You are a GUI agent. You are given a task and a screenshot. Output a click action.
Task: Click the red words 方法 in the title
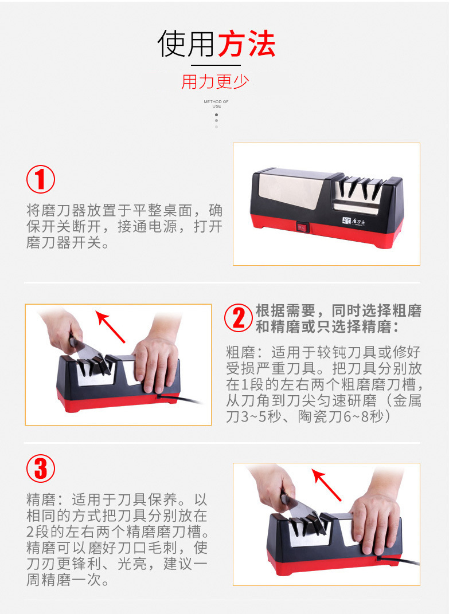point(247,44)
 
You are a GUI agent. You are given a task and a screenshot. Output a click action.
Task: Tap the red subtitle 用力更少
point(215,82)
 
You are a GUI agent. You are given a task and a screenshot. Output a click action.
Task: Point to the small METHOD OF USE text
point(216,104)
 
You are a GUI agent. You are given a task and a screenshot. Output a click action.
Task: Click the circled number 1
point(41,179)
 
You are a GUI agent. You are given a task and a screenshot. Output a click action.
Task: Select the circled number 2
point(239,317)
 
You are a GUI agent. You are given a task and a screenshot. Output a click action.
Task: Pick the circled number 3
point(41,469)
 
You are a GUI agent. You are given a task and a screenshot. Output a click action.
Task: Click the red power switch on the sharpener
point(302,227)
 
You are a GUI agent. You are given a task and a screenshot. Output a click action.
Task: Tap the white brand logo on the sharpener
point(354,221)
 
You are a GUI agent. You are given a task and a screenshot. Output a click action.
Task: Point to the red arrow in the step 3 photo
point(326,485)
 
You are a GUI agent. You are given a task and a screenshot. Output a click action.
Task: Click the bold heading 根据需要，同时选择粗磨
point(338,311)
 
